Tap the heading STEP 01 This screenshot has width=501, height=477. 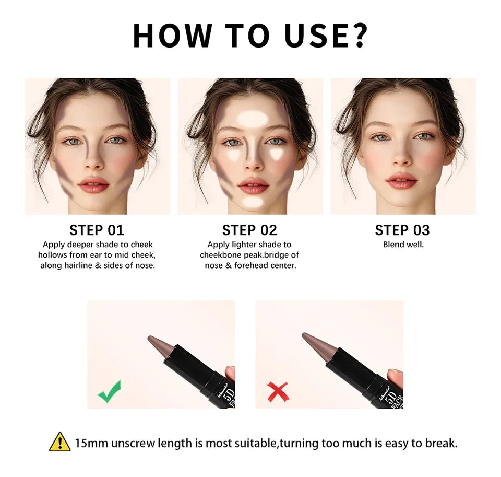[97, 230]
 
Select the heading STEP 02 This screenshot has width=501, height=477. [249, 230]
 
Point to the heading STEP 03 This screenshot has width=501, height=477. [402, 230]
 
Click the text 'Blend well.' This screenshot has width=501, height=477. [403, 245]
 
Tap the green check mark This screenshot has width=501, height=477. [109, 391]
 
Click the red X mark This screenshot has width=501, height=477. [278, 392]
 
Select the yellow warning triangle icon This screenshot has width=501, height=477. [59, 442]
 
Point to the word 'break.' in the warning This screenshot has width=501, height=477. [443, 444]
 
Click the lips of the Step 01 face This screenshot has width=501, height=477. [94, 184]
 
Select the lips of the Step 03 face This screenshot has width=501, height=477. [402, 181]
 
